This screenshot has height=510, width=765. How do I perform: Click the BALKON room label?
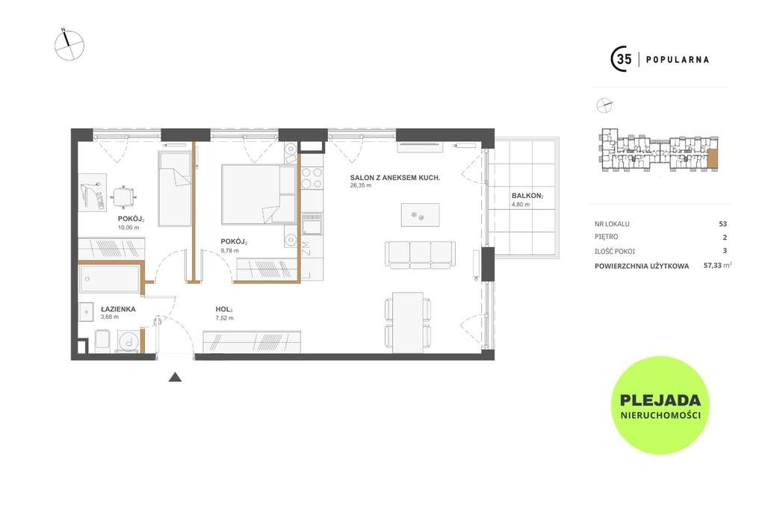(x=527, y=196)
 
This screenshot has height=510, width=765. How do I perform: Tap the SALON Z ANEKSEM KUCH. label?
(x=395, y=178)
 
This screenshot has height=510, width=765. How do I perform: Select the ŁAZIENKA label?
(x=118, y=309)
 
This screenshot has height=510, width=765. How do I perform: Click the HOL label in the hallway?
(x=224, y=309)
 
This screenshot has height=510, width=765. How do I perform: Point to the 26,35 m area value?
(x=361, y=185)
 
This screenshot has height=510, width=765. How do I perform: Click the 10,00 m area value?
(x=128, y=227)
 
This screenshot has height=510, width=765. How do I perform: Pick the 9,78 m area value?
(x=230, y=251)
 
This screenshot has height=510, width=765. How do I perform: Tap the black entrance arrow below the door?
(x=175, y=377)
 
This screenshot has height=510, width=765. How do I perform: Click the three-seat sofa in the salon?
(x=420, y=254)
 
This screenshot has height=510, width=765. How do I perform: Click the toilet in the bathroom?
(x=102, y=340)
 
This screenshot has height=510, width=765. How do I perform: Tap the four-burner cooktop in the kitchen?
(x=312, y=178)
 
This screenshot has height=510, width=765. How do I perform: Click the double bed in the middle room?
(x=259, y=194)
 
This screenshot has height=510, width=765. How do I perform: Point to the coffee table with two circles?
(x=420, y=215)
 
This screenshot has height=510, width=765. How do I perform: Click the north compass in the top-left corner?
(x=69, y=46)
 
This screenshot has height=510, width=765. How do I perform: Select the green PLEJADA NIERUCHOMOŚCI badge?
(x=660, y=405)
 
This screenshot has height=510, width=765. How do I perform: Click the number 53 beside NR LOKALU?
(x=722, y=224)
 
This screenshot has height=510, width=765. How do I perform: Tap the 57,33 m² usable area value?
(x=718, y=265)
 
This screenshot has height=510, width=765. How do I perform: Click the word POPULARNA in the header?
(x=677, y=60)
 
